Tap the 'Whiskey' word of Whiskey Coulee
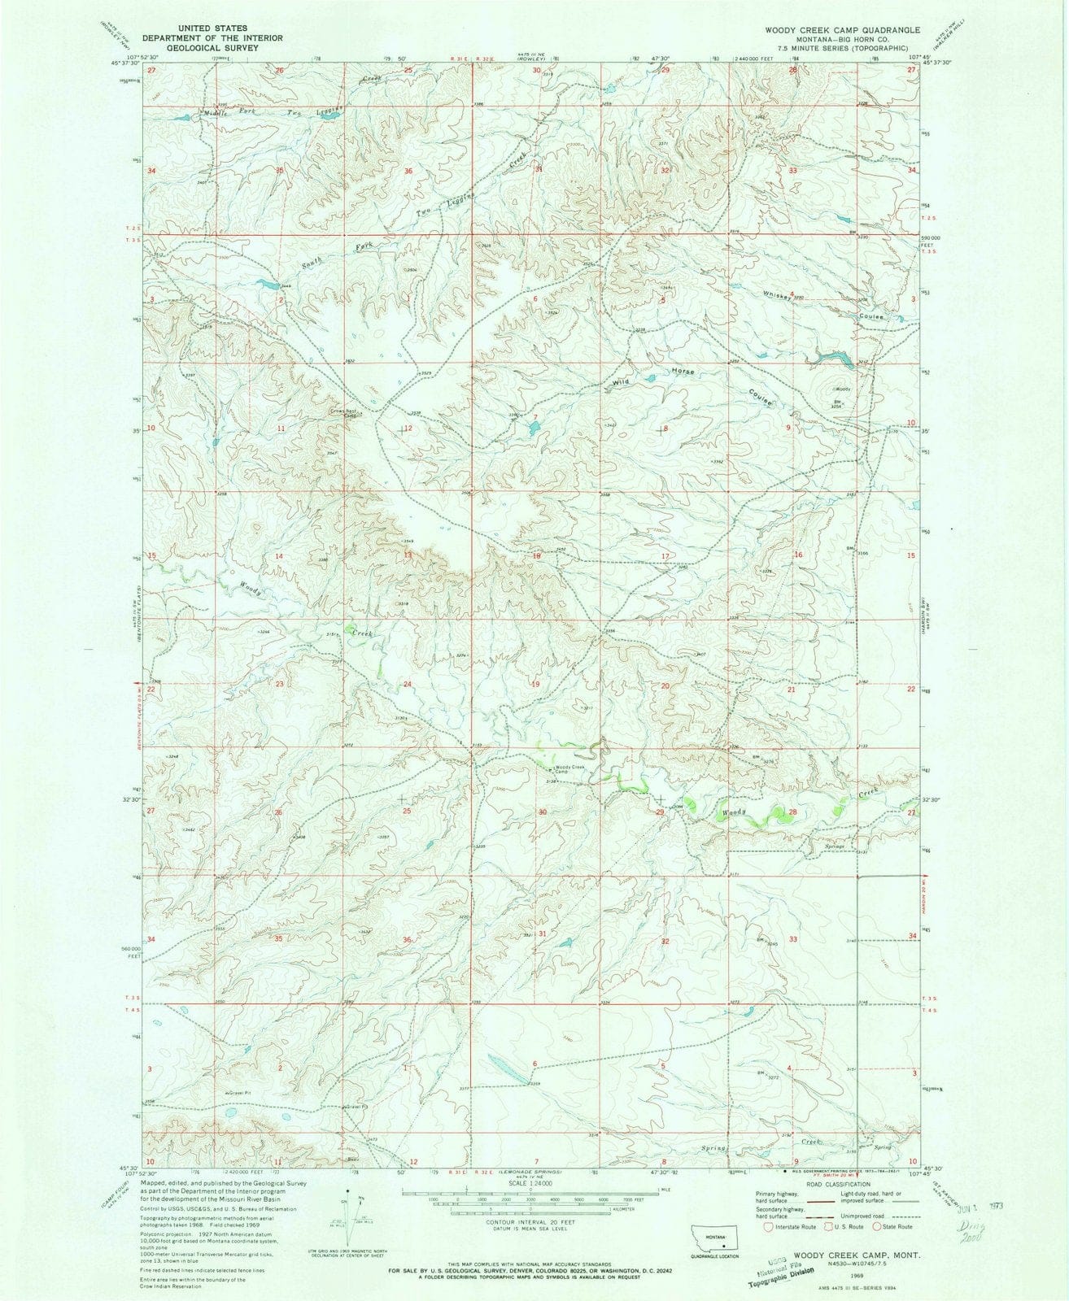[x=778, y=297]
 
